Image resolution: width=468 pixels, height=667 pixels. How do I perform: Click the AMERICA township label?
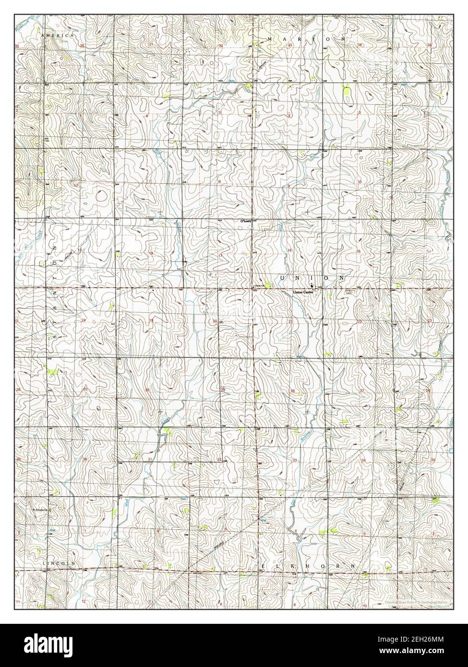[57, 36]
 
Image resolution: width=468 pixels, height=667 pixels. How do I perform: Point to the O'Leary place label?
[245, 221]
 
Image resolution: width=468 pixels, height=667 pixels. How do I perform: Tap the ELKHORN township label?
[310, 567]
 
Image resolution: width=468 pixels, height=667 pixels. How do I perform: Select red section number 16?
[289, 251]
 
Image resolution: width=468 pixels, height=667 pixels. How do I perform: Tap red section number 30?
[148, 390]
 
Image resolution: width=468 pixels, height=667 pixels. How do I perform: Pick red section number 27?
[361, 391]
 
